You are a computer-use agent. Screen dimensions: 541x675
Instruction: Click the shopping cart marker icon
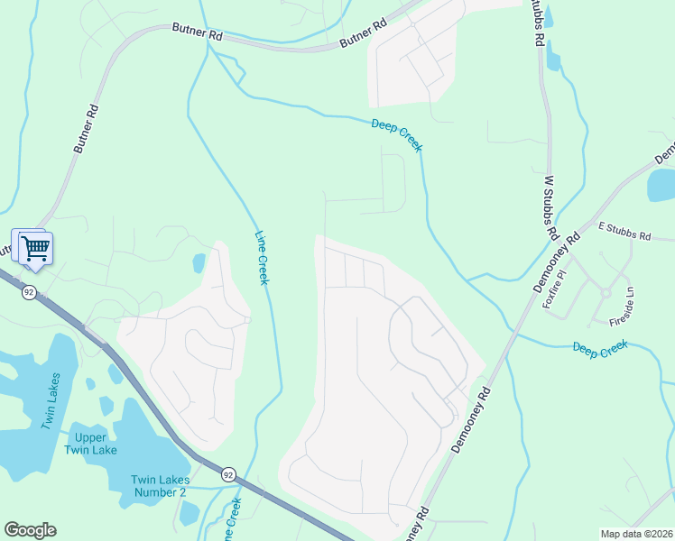(35, 247)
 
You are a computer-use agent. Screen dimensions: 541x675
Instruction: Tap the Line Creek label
(262, 257)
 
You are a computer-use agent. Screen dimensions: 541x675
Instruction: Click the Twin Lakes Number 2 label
(158, 485)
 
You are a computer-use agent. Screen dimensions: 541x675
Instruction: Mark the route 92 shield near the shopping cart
(29, 291)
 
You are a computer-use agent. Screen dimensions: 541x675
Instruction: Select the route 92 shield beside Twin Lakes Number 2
(227, 474)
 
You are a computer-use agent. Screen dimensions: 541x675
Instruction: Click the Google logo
(30, 530)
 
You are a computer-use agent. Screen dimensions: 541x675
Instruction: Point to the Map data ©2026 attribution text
(635, 534)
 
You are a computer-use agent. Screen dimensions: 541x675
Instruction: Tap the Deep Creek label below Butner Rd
(396, 134)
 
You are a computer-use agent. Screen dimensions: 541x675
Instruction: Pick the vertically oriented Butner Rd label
(85, 129)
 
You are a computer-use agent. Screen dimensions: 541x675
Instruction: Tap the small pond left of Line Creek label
(199, 263)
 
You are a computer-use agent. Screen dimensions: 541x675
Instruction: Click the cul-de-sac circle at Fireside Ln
(606, 291)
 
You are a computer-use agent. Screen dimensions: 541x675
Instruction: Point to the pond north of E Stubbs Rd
(661, 185)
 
